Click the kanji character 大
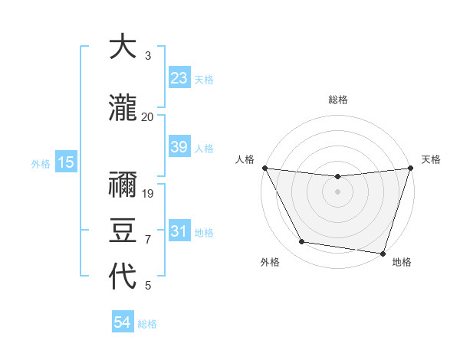[x=123, y=47]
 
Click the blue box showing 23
[x=179, y=77]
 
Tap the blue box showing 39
[x=179, y=147]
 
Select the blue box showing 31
[x=179, y=231]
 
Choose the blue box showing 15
[x=65, y=162]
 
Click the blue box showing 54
[x=122, y=322]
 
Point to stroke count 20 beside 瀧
[x=147, y=116]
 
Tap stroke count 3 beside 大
[x=148, y=56]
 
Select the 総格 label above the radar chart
[x=337, y=100]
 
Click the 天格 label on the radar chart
[x=431, y=159]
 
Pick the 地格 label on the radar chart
[x=402, y=263]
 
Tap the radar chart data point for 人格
[x=264, y=168]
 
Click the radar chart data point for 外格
[x=302, y=242]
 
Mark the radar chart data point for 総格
[x=337, y=177]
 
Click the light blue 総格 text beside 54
[x=147, y=324]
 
